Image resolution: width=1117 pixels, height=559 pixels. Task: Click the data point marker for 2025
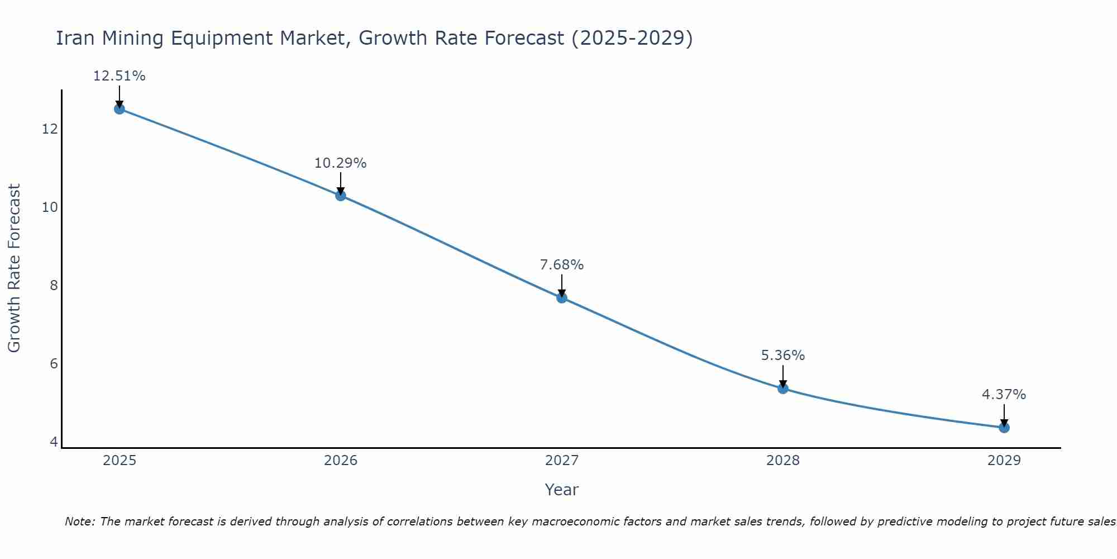[x=119, y=108]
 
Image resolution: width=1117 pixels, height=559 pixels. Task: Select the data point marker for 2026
[x=341, y=195]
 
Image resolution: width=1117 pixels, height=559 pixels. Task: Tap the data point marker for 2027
[x=562, y=297]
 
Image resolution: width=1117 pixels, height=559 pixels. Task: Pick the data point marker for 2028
[x=783, y=388]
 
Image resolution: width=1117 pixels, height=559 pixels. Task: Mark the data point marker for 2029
[x=1004, y=427]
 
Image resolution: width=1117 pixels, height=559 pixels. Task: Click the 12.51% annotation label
[x=119, y=76]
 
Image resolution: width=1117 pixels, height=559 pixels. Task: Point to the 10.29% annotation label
[x=341, y=163]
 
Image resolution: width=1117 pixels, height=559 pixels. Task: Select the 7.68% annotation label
[x=562, y=265]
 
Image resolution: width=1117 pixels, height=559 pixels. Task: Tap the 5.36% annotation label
[x=783, y=356]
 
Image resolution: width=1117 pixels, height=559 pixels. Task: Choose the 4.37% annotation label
[x=1004, y=395]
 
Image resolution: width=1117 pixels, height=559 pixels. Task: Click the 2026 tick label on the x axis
[x=341, y=461]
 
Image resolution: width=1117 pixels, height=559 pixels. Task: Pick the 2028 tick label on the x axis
[x=783, y=461]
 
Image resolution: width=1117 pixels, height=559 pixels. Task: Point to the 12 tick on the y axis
[x=50, y=129]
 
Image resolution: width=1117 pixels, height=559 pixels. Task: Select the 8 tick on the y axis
[x=54, y=286]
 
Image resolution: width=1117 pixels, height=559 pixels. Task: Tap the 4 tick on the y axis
[x=54, y=442]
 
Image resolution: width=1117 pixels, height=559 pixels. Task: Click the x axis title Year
[x=562, y=490]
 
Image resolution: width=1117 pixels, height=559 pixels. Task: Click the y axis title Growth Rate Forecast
[x=15, y=268]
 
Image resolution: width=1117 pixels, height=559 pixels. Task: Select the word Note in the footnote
[x=80, y=522]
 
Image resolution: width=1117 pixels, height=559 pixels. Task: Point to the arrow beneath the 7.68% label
[x=562, y=285]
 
